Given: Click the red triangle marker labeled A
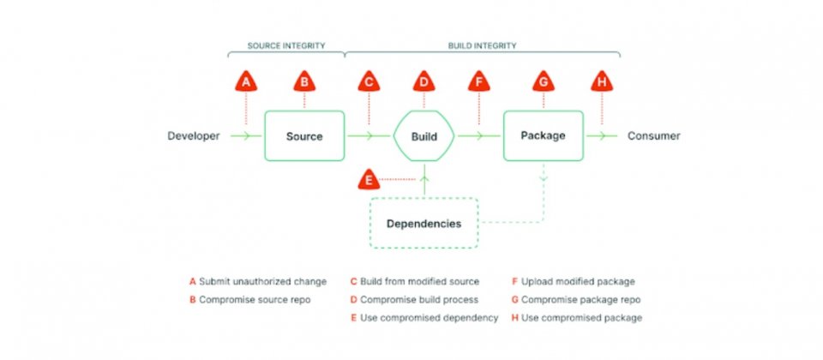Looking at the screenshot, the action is click(246, 82).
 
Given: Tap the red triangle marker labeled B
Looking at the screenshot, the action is click(303, 82).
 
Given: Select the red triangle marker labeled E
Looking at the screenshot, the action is click(369, 180).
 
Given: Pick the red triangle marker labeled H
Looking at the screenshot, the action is click(602, 82).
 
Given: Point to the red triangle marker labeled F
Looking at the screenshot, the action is click(478, 82).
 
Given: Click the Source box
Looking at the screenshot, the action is click(304, 136).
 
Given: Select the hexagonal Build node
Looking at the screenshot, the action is click(424, 136).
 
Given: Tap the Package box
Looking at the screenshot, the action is click(544, 135).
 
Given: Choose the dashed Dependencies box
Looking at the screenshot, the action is click(424, 223).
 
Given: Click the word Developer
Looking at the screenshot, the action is click(193, 136).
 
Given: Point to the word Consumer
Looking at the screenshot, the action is click(653, 136).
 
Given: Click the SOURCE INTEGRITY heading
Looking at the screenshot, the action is click(286, 45).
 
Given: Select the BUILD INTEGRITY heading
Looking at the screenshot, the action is click(482, 45).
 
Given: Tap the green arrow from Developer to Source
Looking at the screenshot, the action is click(246, 136).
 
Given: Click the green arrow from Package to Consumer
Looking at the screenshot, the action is click(602, 136).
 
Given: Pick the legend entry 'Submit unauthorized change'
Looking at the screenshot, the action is click(258, 282).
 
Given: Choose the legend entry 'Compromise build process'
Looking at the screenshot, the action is click(414, 300).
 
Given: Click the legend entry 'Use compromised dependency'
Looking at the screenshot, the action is click(424, 317).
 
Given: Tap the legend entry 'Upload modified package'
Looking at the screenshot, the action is click(574, 282).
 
